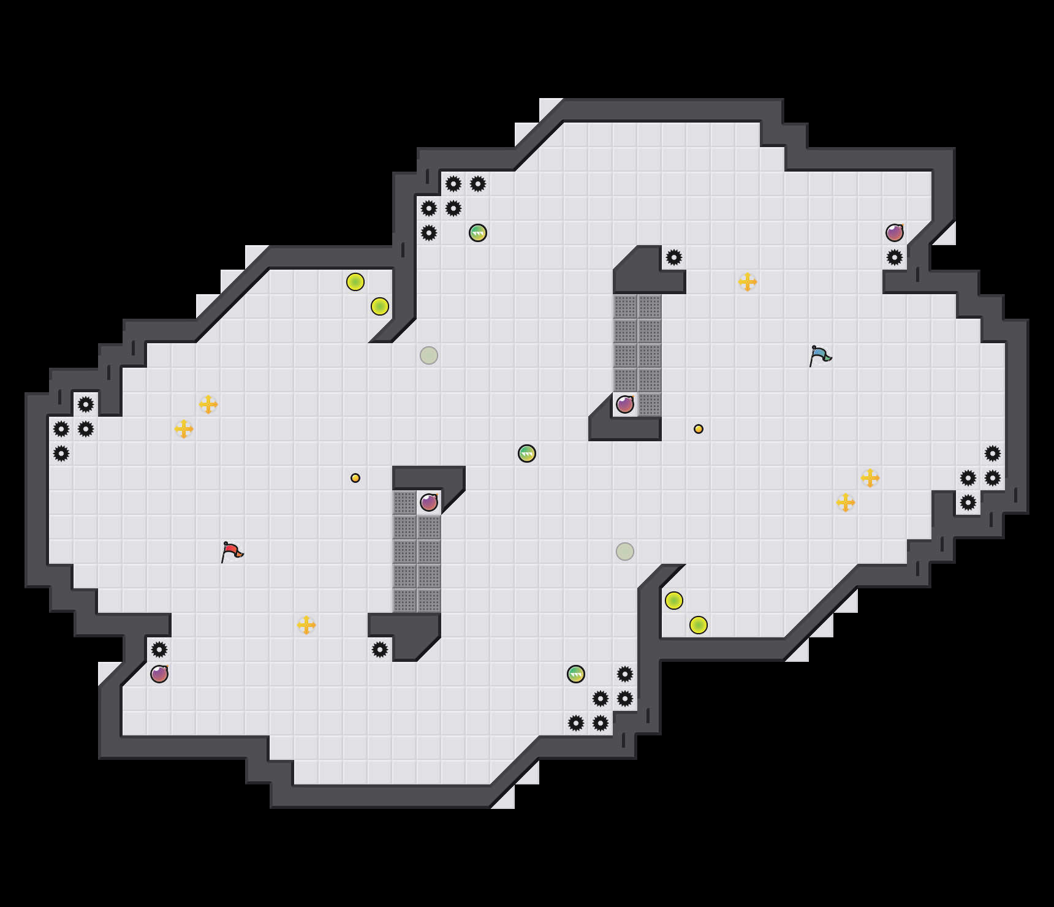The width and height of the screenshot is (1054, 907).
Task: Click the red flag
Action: (x=232, y=552)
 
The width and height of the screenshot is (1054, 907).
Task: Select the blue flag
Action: (x=820, y=355)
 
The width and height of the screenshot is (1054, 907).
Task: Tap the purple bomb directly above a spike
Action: (x=895, y=233)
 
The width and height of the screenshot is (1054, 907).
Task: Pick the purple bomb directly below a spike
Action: (x=159, y=674)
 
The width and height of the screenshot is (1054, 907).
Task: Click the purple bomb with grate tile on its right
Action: (x=625, y=404)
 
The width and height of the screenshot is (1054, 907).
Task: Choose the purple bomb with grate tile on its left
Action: (x=429, y=503)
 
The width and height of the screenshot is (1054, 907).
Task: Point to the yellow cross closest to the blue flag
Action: (x=748, y=282)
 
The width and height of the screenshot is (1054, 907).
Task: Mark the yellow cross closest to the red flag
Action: (x=306, y=625)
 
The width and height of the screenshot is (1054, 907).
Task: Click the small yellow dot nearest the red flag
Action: (x=355, y=478)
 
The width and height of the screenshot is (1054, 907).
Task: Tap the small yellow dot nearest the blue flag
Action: (x=699, y=429)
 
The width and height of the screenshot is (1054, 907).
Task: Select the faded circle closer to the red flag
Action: (x=429, y=355)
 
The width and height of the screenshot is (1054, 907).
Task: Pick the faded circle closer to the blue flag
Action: (x=625, y=552)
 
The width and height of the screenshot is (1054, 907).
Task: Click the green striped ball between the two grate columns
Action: (x=527, y=453)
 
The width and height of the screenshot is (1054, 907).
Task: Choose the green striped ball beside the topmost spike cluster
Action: (x=478, y=233)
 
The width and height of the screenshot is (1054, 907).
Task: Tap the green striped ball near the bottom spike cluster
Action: (x=576, y=674)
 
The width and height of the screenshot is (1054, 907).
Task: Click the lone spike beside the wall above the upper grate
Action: (x=674, y=257)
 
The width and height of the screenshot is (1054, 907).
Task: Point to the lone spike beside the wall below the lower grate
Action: (x=380, y=650)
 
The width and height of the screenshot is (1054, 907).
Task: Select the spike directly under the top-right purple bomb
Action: (x=895, y=257)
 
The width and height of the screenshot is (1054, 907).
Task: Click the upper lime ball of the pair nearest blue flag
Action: (x=674, y=601)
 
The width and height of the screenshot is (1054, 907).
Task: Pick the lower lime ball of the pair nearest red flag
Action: (x=380, y=306)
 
